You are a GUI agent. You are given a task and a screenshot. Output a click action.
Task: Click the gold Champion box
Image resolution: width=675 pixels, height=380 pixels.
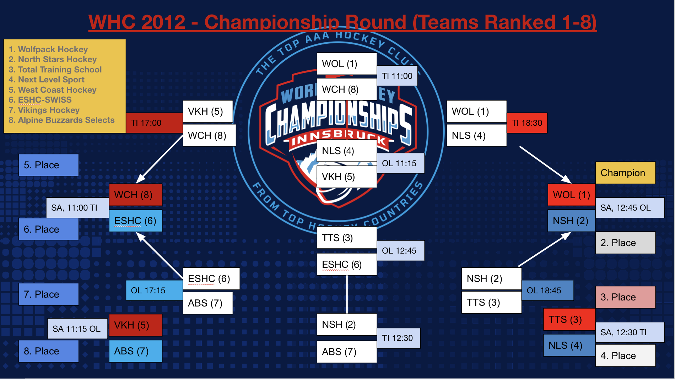click(625, 173)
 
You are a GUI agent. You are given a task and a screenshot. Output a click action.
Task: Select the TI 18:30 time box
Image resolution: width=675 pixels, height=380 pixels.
click(526, 123)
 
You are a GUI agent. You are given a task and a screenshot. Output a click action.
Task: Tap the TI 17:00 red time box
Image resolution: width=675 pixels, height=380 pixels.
click(154, 123)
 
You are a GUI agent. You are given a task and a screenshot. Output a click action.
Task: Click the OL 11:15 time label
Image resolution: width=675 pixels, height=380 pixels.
click(400, 163)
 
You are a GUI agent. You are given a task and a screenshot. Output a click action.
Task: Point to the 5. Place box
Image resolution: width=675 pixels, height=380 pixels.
click(49, 165)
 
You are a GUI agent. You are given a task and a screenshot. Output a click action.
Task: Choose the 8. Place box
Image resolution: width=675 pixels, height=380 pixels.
click(49, 351)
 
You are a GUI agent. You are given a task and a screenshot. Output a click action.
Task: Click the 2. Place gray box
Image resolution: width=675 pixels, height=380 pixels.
click(625, 243)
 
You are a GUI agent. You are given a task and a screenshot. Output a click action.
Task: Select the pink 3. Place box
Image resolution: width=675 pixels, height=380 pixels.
click(625, 297)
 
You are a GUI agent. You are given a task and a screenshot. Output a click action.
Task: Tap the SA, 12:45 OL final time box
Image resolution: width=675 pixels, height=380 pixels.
click(629, 208)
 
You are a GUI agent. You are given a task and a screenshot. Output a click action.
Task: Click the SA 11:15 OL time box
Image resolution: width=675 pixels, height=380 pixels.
click(77, 329)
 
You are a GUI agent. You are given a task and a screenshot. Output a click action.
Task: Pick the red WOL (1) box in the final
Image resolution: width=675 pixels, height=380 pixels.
click(571, 195)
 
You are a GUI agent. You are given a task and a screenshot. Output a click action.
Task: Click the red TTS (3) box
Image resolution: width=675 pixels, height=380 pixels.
click(569, 320)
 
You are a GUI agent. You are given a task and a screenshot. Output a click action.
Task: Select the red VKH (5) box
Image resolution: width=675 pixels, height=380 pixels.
click(135, 325)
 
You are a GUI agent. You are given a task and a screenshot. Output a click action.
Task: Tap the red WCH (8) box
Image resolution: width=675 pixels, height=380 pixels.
click(135, 195)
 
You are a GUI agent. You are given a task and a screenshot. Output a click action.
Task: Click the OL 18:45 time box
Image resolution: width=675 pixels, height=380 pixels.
click(547, 291)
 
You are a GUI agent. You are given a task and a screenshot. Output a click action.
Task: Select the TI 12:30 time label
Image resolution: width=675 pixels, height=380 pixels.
click(398, 338)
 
